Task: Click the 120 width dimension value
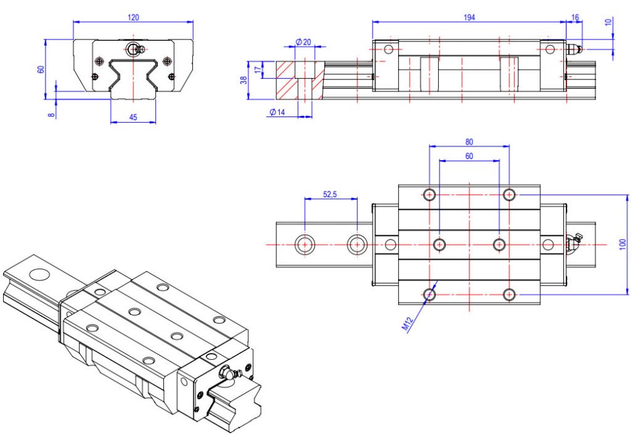133,18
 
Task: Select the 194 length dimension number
469,18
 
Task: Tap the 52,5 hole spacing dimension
330,195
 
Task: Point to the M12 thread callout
408,324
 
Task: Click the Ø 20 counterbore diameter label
304,42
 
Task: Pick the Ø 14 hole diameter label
277,112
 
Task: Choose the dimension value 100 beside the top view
622,243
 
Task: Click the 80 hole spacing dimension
469,141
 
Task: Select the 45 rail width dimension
133,116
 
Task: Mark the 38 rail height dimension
244,79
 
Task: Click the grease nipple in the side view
575,49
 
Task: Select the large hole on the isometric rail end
39,274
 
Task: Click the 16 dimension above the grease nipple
575,18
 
